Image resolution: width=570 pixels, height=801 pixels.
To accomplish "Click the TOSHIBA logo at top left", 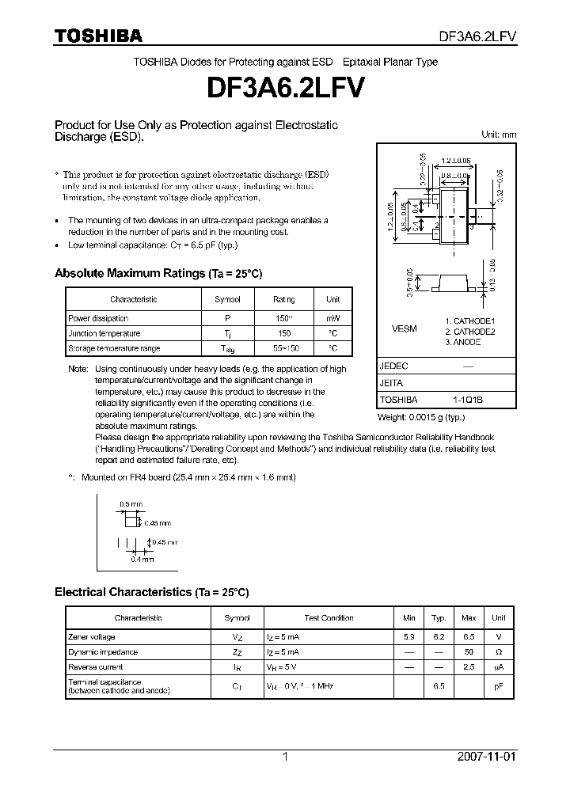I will click(97, 36).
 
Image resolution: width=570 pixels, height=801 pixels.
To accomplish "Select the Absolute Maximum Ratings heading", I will click(158, 273).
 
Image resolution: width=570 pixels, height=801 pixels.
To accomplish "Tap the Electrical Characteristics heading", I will click(151, 592).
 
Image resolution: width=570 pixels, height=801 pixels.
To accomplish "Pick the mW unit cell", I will click(333, 318).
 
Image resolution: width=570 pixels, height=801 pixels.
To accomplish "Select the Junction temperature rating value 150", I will click(284, 333).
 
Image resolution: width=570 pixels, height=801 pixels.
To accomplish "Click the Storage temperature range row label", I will click(114, 348).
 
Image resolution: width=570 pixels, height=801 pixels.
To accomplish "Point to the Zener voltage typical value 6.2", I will click(439, 637).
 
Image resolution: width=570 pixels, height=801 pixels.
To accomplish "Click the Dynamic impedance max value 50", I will click(469, 652).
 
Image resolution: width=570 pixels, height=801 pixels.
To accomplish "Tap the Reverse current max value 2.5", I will click(469, 668).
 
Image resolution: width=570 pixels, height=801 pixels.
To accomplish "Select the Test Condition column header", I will click(329, 617).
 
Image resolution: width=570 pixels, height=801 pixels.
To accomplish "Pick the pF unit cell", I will click(499, 687).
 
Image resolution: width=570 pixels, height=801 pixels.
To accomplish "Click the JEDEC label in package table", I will click(394, 367).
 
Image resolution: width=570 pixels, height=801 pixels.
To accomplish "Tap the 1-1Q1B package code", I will click(468, 400).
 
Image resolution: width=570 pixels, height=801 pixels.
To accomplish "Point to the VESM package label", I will click(404, 328).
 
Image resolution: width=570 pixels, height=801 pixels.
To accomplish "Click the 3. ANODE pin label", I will click(463, 343).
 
